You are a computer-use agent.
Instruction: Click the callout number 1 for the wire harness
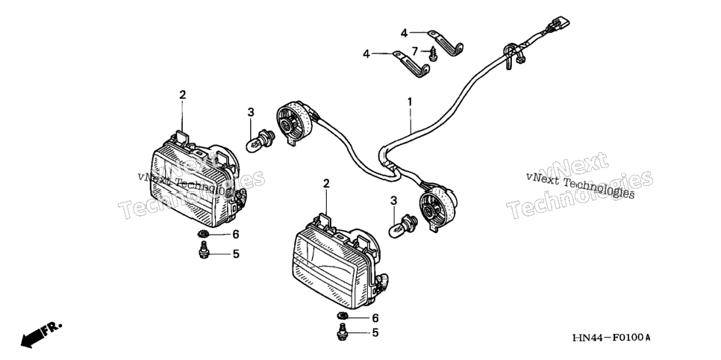410,102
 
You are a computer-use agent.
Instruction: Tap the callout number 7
414,50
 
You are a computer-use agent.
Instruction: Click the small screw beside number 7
433,55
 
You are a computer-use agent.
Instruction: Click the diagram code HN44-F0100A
611,338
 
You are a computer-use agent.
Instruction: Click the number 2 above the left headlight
183,95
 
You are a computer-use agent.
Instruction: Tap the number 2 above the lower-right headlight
326,184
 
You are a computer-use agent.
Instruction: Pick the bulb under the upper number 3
260,139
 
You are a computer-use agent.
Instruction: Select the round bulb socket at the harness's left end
295,120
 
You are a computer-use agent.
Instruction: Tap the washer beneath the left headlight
203,235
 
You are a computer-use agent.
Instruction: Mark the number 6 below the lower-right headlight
375,318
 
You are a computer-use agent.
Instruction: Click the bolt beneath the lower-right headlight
342,332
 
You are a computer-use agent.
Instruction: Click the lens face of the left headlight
190,189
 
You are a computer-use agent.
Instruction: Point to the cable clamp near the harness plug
511,55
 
